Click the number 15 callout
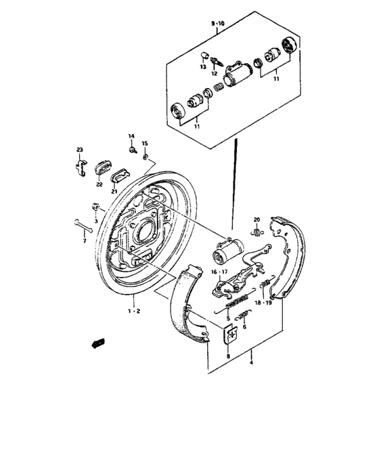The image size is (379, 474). pos(144,144)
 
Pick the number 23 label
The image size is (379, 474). pos(79,150)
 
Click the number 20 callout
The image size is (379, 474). pos(257,219)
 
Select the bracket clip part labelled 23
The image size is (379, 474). pos(79,167)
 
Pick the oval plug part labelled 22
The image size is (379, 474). pos(102,167)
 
